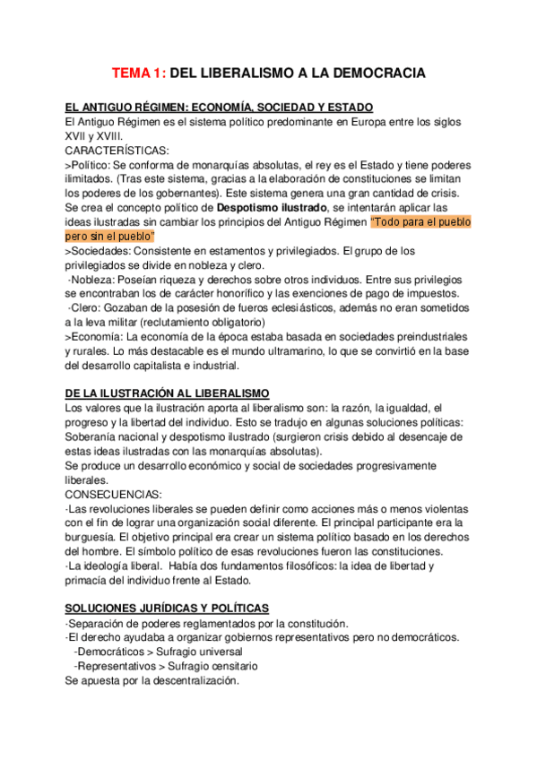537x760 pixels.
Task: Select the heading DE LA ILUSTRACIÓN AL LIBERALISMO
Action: click(174, 393)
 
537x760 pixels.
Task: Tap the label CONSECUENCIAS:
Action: click(114, 494)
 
